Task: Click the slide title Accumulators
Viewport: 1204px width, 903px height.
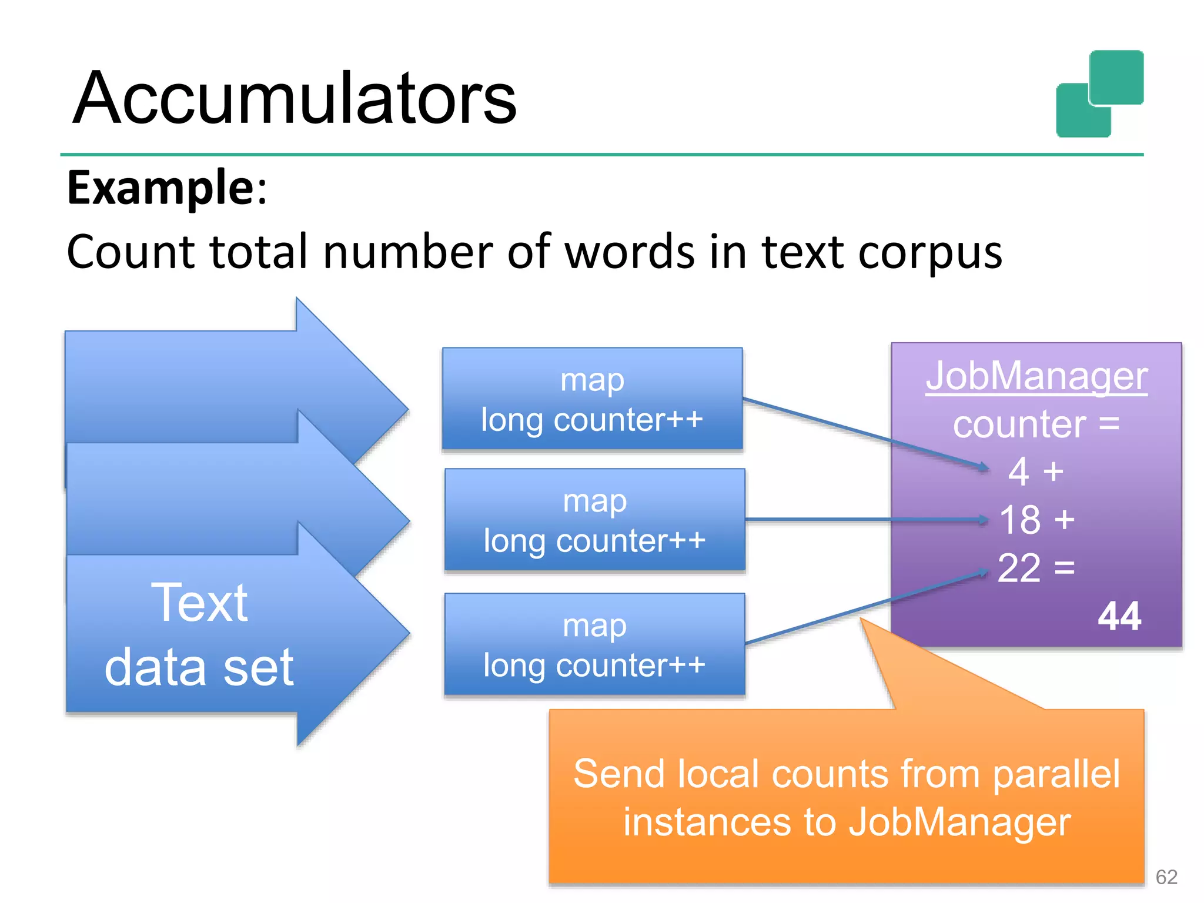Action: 294,98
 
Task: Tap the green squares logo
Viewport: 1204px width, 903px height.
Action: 1099,94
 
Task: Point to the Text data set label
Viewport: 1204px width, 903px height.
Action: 200,635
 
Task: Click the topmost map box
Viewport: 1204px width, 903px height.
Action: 592,399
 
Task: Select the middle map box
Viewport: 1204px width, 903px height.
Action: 594,520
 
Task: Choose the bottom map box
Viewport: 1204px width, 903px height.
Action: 594,644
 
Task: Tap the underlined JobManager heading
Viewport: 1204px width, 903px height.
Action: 1036,376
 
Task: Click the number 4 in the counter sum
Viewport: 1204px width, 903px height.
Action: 1019,471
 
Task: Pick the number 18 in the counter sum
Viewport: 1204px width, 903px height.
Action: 1020,520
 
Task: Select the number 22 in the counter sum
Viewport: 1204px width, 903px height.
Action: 1019,568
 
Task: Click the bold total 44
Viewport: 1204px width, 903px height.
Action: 1119,617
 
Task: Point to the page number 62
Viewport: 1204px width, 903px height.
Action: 1166,877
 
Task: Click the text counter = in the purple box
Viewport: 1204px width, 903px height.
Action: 1036,424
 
